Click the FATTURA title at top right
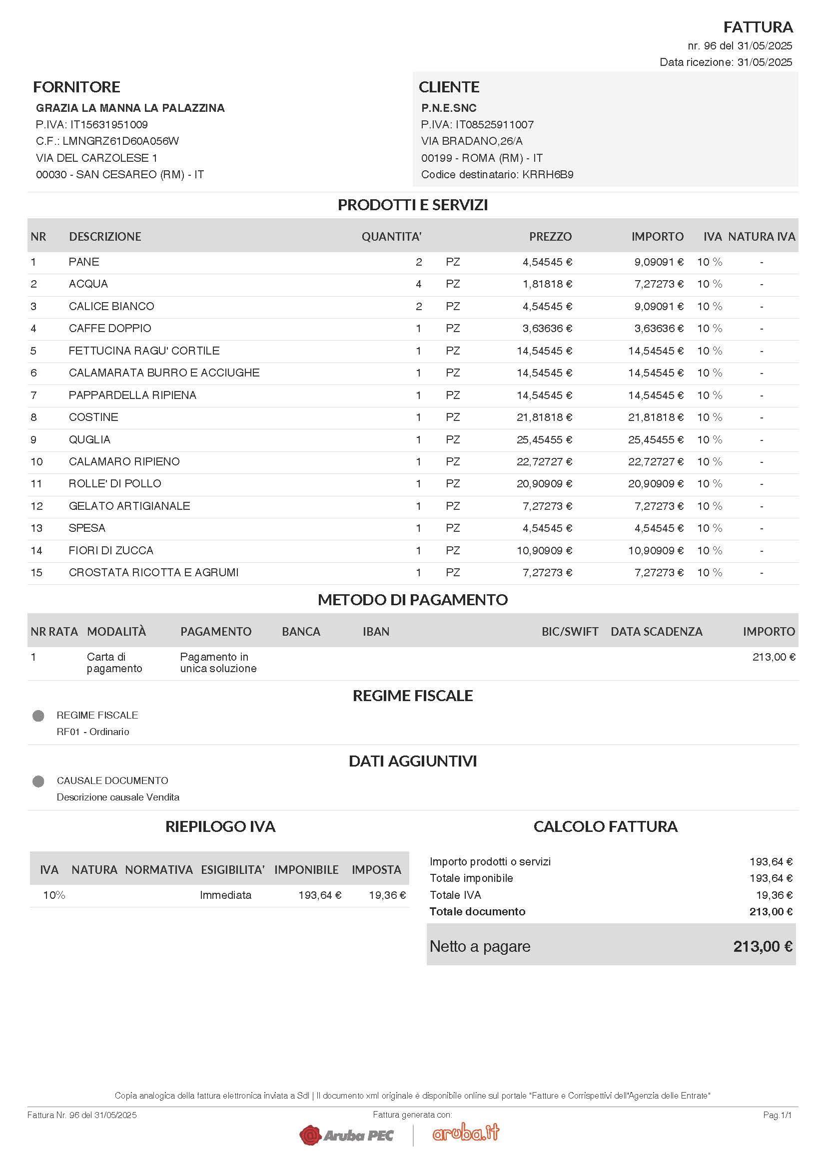tap(758, 27)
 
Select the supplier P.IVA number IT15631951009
tap(108, 125)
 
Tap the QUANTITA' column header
tap(391, 237)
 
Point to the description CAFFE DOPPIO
tap(110, 329)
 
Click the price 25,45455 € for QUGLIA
tap(544, 439)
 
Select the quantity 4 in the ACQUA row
tap(418, 284)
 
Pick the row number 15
tap(36, 573)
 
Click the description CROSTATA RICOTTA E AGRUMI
tap(153, 573)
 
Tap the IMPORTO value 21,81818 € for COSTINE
tap(655, 417)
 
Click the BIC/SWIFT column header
tap(570, 632)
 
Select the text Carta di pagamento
tap(114, 663)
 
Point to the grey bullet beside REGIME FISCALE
tap(38, 716)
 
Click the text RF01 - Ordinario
tap(92, 732)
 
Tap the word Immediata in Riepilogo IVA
tap(225, 895)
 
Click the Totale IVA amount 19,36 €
tap(774, 895)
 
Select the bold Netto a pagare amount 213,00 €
tap(763, 947)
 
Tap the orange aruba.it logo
tap(465, 1133)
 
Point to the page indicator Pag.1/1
tap(777, 1115)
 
